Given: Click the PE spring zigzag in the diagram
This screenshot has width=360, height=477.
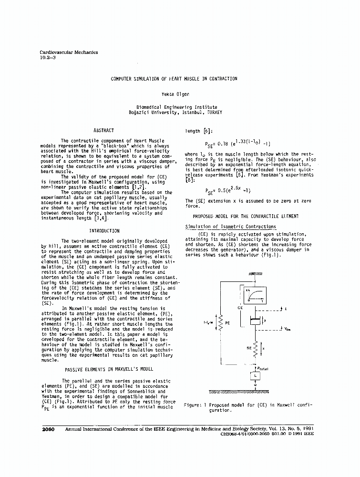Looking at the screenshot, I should [x=220, y=323].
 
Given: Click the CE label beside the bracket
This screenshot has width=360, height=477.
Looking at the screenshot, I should [x=240, y=308].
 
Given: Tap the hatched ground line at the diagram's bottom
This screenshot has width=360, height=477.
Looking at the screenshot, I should [x=254, y=392].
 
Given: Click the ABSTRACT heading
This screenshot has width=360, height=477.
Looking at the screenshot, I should [x=104, y=130].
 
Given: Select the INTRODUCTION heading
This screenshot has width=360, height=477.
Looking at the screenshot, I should [x=104, y=231].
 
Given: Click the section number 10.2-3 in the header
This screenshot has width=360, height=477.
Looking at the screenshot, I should [x=48, y=58].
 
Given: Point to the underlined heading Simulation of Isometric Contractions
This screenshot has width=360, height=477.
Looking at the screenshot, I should [x=230, y=227].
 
